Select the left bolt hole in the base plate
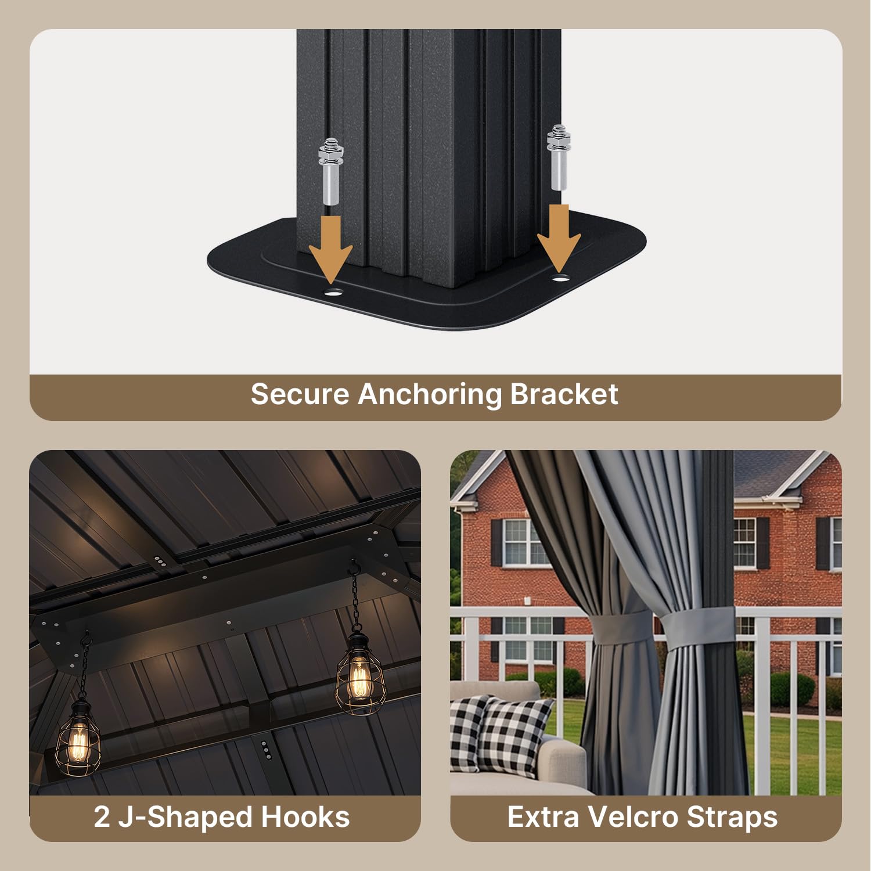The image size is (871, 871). pyautogui.click(x=332, y=291)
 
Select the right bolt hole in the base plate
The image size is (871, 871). pyautogui.click(x=560, y=279)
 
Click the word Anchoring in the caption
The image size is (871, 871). pyautogui.click(x=429, y=395)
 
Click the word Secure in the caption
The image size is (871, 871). pyautogui.click(x=300, y=394)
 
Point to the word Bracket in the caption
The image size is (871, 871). pyautogui.click(x=564, y=394)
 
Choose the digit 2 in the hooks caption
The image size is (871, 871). pyautogui.click(x=102, y=817)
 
